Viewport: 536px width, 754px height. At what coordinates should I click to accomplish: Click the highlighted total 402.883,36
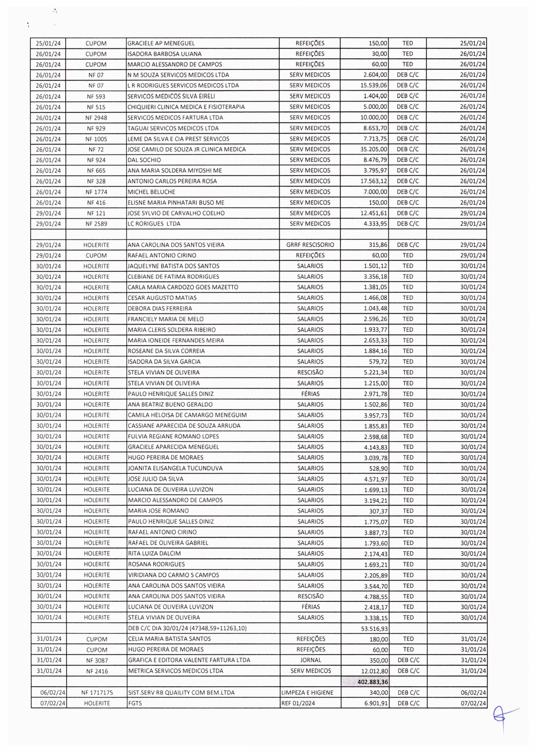click(373, 682)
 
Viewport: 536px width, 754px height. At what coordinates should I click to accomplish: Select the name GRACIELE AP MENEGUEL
click(161, 43)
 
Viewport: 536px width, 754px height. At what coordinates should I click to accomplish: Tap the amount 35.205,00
click(374, 149)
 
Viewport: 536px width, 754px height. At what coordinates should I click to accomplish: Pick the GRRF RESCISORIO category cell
click(310, 245)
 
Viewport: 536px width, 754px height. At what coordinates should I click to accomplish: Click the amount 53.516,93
click(374, 629)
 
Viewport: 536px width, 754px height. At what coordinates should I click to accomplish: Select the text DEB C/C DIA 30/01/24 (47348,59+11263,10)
click(187, 628)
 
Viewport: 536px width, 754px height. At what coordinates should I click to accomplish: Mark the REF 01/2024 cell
click(298, 703)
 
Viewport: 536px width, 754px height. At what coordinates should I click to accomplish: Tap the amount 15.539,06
click(374, 85)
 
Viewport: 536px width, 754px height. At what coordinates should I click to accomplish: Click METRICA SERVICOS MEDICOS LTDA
click(175, 671)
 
